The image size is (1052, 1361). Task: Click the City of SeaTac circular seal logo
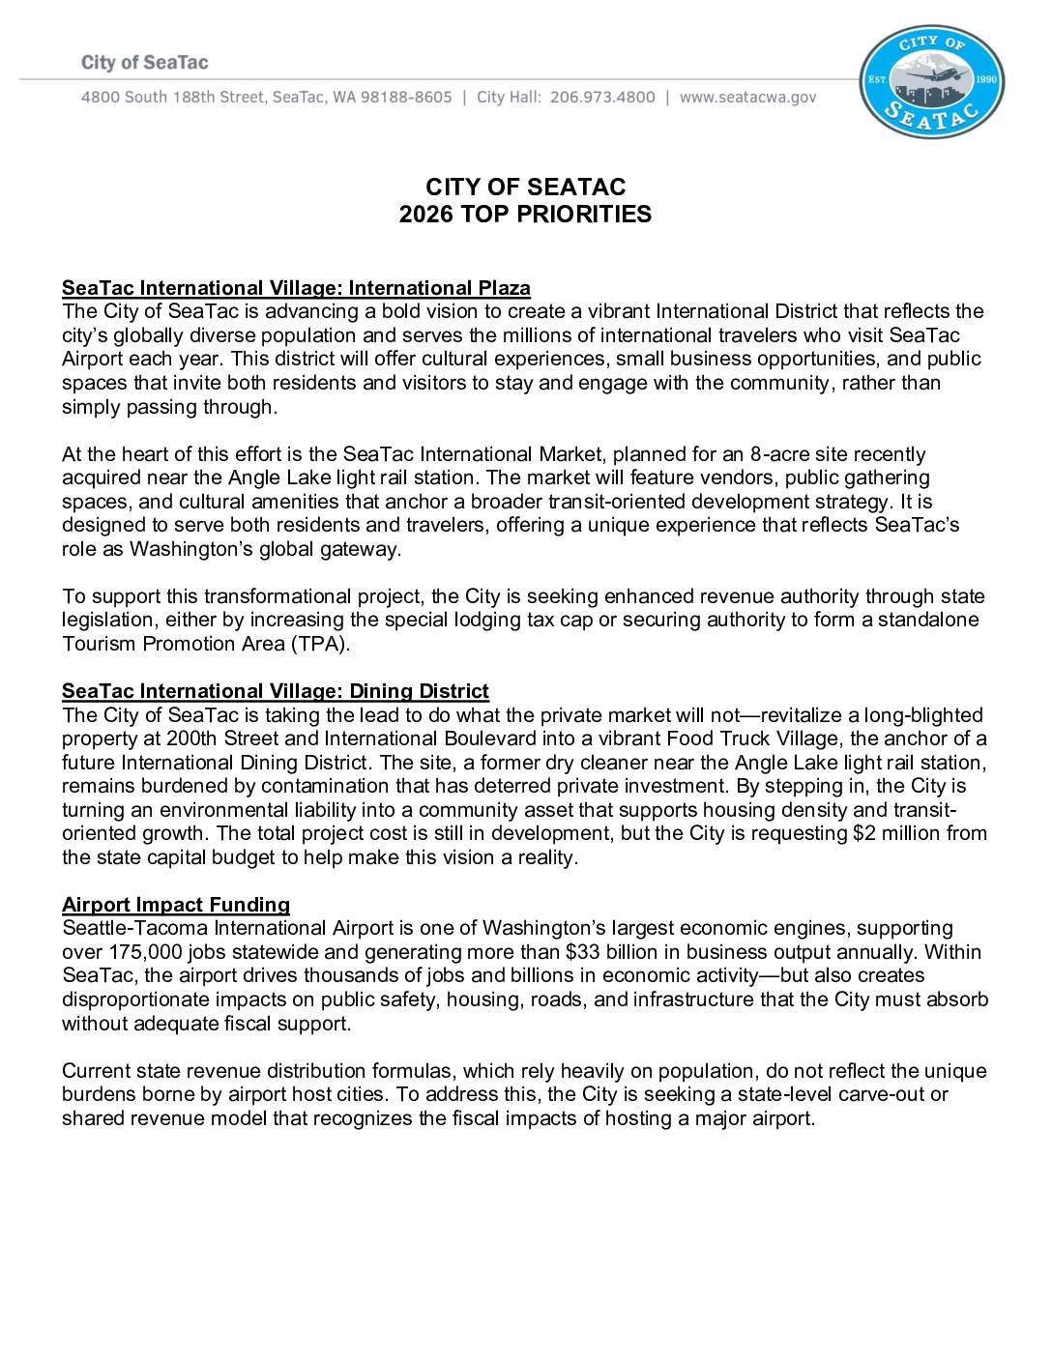click(932, 81)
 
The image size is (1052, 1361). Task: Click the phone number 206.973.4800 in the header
click(602, 98)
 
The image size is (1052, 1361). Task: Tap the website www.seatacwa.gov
click(748, 98)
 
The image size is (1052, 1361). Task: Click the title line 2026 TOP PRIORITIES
click(525, 215)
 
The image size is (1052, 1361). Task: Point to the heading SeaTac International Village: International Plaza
click(296, 288)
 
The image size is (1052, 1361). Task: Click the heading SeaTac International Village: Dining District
click(276, 691)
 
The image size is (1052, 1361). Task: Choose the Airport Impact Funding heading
click(176, 905)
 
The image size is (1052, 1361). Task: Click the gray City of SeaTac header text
click(145, 63)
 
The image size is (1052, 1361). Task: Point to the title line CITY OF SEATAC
click(525, 187)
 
